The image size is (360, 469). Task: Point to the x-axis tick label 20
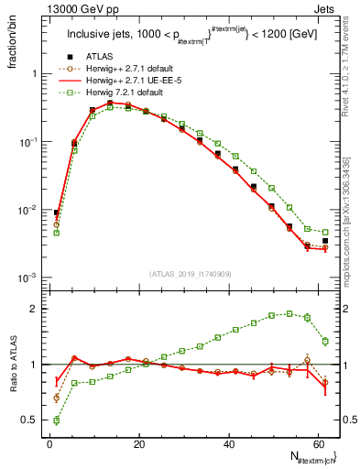138,443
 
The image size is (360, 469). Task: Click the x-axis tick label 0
49,443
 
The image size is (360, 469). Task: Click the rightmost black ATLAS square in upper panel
325,241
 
